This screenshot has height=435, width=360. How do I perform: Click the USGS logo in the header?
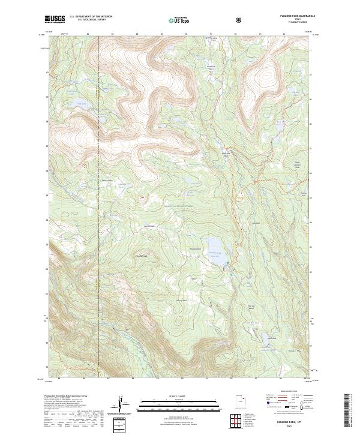pos(55,20)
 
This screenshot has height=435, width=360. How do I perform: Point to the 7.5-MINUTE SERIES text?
pos(297,23)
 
